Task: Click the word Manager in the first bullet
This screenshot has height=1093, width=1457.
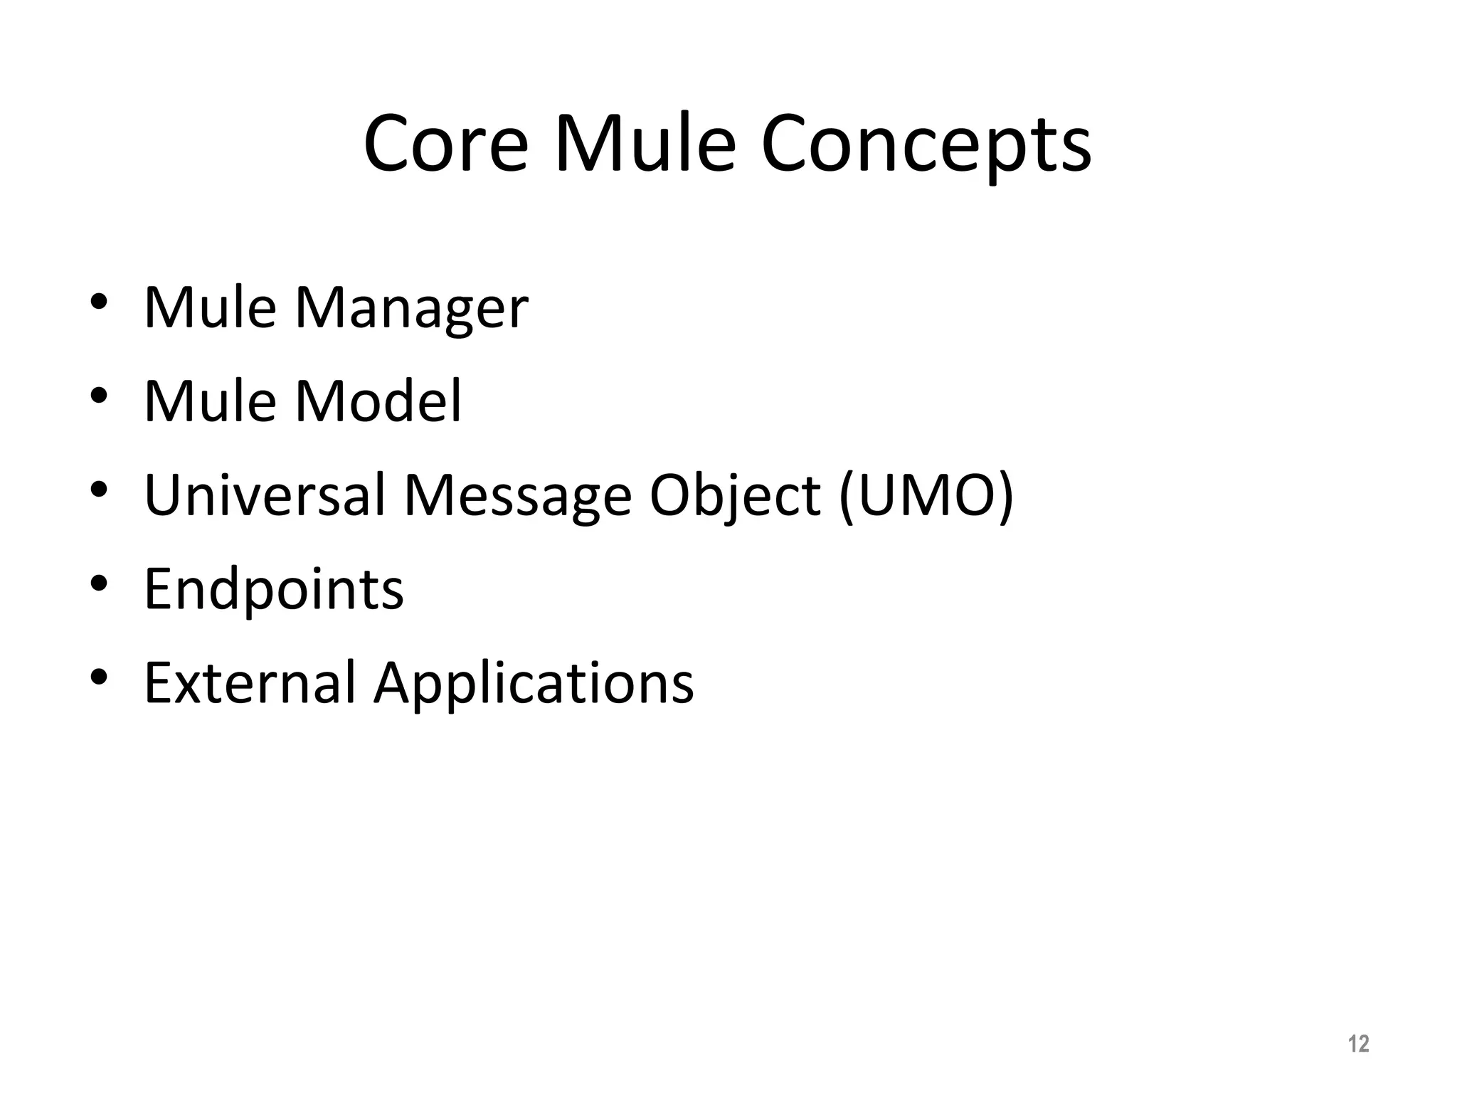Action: (411, 309)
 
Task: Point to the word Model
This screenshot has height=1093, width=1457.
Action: (378, 401)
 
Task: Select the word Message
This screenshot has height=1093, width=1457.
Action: (517, 496)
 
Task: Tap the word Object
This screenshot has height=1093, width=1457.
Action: (734, 496)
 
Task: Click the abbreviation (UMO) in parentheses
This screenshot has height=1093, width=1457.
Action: (926, 496)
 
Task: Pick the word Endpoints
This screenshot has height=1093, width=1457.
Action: (274, 590)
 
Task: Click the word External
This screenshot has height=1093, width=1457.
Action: (249, 683)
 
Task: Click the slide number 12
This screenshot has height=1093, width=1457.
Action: (1358, 1044)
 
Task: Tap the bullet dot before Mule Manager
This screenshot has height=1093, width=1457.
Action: (99, 302)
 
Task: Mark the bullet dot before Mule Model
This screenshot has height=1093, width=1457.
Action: (99, 396)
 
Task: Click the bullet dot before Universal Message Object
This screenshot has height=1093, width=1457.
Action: (99, 490)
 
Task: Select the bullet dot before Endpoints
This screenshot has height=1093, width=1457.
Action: (99, 584)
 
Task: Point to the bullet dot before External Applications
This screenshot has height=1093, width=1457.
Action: (99, 677)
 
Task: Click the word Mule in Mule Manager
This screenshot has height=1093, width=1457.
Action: (209, 307)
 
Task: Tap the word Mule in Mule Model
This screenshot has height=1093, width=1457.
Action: (209, 401)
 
